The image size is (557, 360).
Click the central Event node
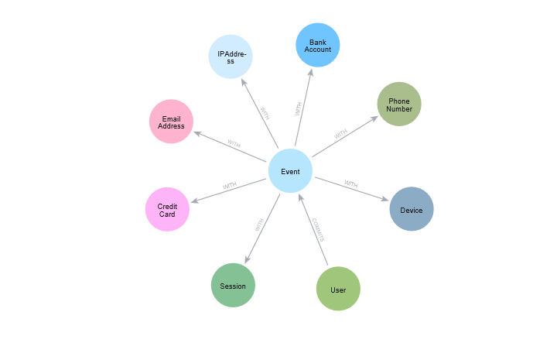pyautogui.click(x=290, y=171)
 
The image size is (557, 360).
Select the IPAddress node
pyautogui.click(x=231, y=57)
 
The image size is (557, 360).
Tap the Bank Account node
pyautogui.click(x=318, y=45)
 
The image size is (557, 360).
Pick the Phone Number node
pyautogui.click(x=399, y=105)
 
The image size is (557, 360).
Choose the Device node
pyautogui.click(x=412, y=209)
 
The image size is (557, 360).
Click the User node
pyautogui.click(x=338, y=289)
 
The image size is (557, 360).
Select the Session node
pyautogui.click(x=233, y=285)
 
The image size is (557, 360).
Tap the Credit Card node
pyautogui.click(x=167, y=209)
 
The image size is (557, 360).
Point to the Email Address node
pyautogui.click(x=171, y=122)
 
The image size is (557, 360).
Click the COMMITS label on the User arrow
pyautogui.click(x=318, y=230)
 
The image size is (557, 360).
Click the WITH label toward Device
pyautogui.click(x=351, y=184)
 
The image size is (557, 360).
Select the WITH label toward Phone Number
pyautogui.click(x=340, y=135)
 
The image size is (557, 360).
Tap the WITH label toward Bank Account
pyautogui.click(x=299, y=109)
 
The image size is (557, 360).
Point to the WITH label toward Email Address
pyautogui.click(x=234, y=144)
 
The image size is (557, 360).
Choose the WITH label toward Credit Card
pyautogui.click(x=230, y=186)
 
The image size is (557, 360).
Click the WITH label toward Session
pyautogui.click(x=260, y=225)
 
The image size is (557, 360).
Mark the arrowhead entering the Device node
pyautogui.click(x=386, y=200)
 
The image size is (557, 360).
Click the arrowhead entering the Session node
pyautogui.click(x=245, y=261)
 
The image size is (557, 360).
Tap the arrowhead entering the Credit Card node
pyautogui.click(x=193, y=201)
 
